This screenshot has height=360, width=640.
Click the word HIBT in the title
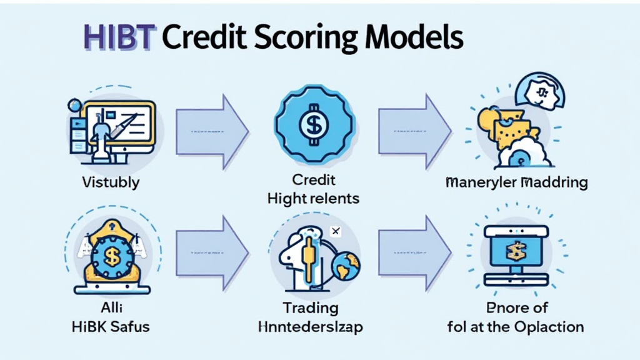point(119,38)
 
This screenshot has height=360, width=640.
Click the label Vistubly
point(111,182)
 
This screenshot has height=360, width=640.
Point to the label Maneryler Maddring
point(516,182)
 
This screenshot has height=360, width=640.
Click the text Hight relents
point(313,199)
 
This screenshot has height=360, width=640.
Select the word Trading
point(310,307)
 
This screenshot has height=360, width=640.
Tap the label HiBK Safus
point(111,326)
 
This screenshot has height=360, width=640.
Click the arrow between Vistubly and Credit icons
point(212,132)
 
